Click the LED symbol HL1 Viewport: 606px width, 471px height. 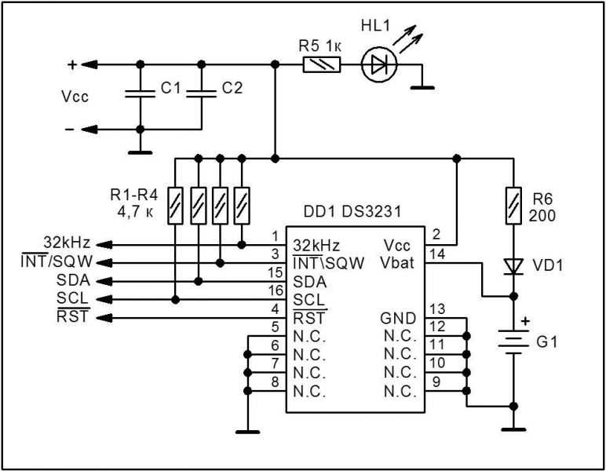pos(379,65)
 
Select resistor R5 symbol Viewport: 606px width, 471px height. pos(323,65)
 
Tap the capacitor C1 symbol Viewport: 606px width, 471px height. pos(140,95)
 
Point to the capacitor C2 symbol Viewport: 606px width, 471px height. pos(202,95)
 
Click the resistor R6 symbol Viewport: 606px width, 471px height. pos(514,205)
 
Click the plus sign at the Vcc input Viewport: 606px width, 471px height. pos(72,64)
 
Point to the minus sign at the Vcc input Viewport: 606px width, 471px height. pos(72,130)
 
